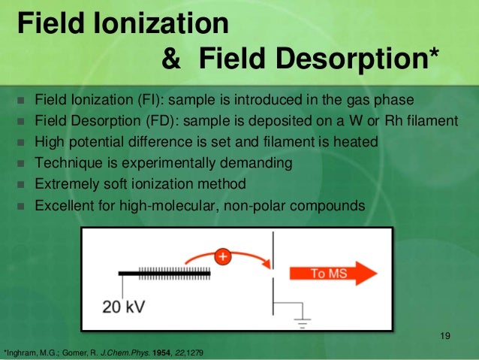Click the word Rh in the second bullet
pyautogui.click(x=403, y=121)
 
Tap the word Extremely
pyautogui.click(x=67, y=183)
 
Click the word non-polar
pyautogui.click(x=249, y=204)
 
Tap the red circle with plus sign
pyautogui.click(x=222, y=256)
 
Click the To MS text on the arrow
pyautogui.click(x=328, y=274)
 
